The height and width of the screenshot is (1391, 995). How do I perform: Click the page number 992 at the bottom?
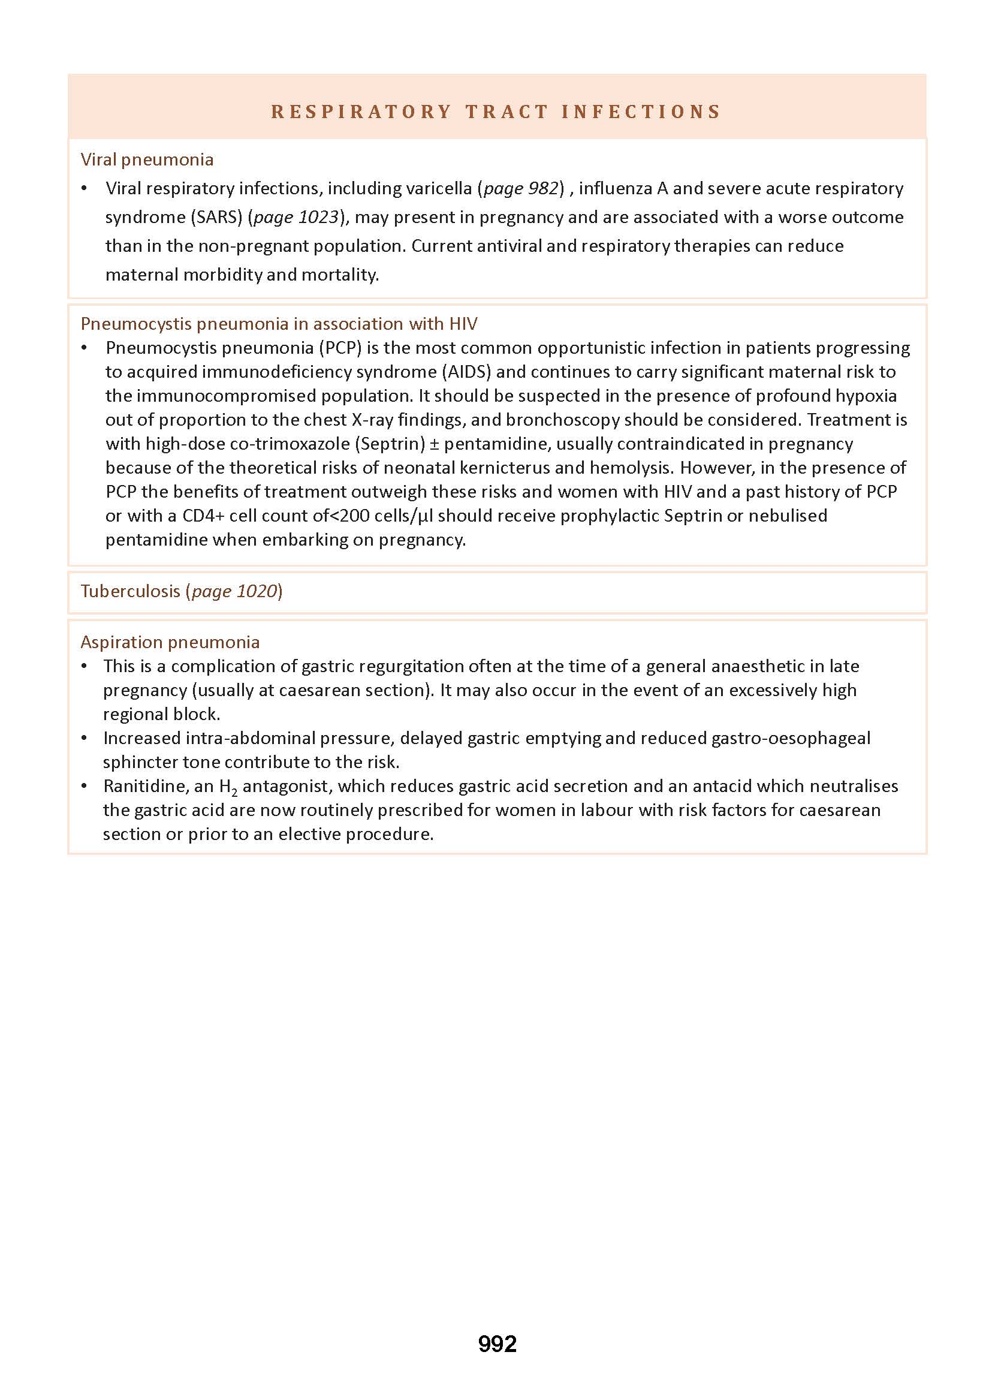click(x=497, y=1344)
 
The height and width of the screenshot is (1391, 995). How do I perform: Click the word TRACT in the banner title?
click(x=506, y=112)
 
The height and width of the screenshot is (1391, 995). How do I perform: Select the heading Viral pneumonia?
click(x=147, y=159)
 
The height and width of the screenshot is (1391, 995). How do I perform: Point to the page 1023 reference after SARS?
click(x=296, y=217)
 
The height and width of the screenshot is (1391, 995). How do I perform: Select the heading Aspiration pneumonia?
click(x=170, y=642)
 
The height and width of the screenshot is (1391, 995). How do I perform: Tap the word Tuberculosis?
click(x=131, y=591)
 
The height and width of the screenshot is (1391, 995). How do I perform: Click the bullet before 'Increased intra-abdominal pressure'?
click(x=85, y=738)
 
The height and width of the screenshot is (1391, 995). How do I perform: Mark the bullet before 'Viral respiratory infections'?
click(x=85, y=188)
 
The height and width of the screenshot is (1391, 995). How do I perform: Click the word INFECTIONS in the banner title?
click(x=641, y=112)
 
